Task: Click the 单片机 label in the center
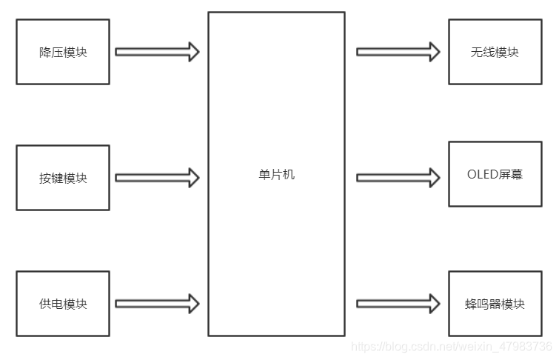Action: coord(276,175)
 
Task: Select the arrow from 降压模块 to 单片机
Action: coord(158,52)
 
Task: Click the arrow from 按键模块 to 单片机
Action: coord(158,178)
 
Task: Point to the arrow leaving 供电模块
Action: coord(158,303)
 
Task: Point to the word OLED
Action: coord(483,175)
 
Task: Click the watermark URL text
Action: coord(452,347)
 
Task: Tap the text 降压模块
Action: coord(63,53)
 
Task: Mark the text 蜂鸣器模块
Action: coord(495,304)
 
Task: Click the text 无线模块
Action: coord(495,53)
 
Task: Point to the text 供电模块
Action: coord(63,304)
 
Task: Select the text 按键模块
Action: coord(63,179)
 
